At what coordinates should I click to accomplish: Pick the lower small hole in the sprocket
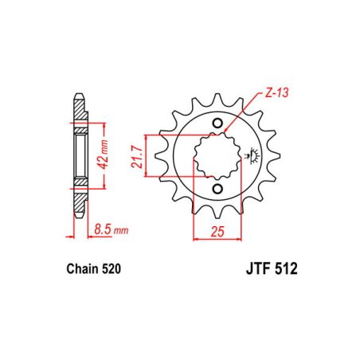click(217, 188)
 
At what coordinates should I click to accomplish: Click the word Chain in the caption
click(81, 270)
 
